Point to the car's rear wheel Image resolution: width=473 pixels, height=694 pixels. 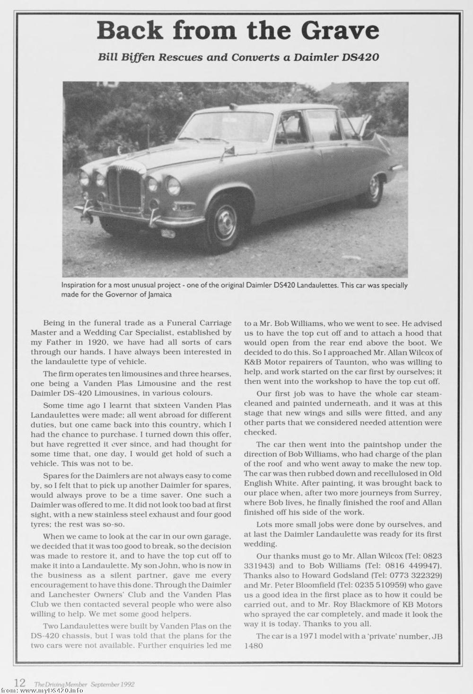[x=375, y=189]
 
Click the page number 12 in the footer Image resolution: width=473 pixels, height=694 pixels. [x=19, y=683]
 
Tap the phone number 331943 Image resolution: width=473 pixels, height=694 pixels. [x=259, y=566]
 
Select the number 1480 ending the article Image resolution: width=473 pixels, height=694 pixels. [x=254, y=646]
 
